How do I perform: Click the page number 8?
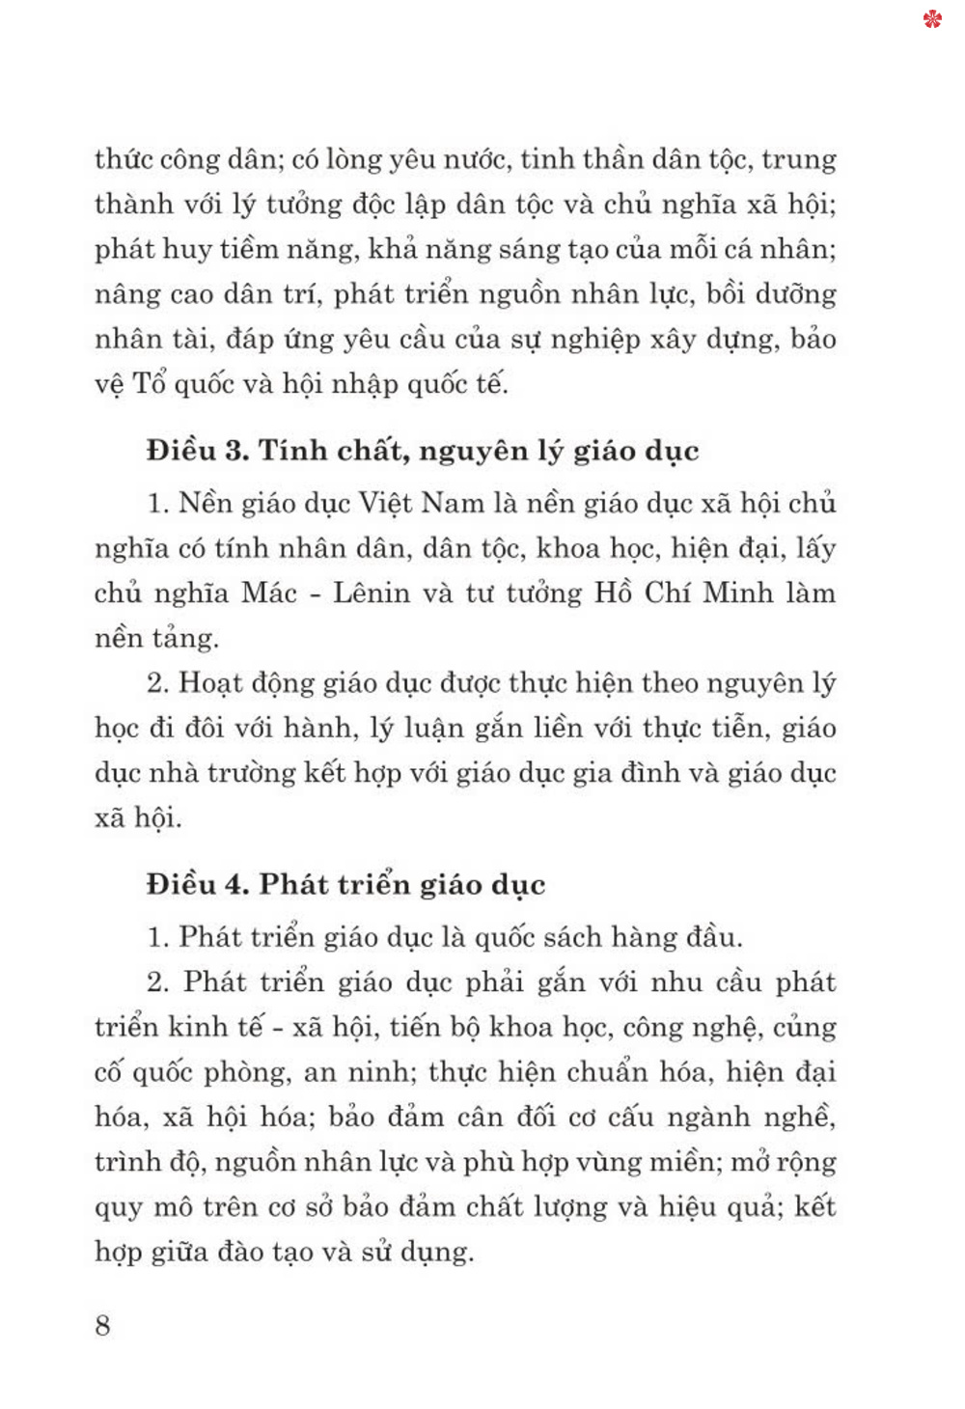(x=102, y=1325)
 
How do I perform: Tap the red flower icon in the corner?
(x=932, y=18)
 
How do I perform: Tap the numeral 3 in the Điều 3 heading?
(x=236, y=451)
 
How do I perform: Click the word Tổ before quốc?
(x=150, y=384)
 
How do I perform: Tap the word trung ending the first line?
(x=798, y=159)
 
